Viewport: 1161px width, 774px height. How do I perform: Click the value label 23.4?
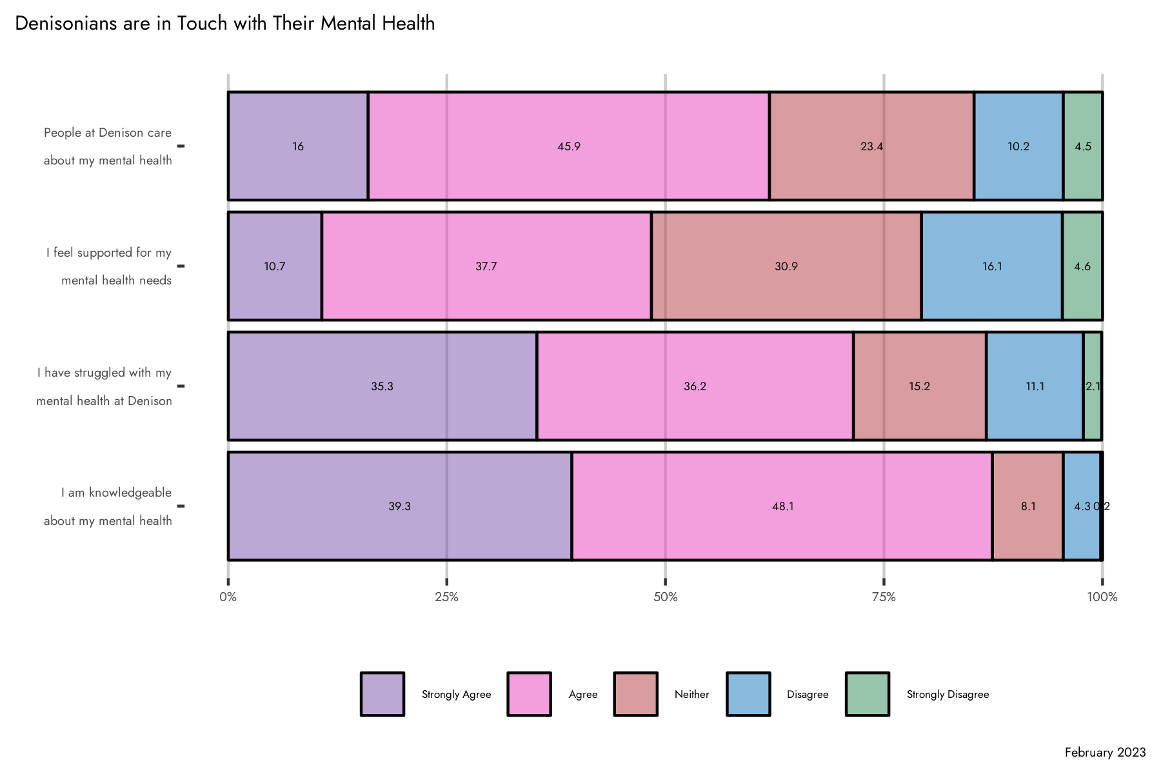coord(871,146)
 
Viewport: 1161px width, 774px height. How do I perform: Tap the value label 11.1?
coord(1035,386)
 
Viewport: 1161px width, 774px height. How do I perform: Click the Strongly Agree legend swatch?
coord(382,694)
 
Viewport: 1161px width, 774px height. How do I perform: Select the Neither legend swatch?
coord(636,694)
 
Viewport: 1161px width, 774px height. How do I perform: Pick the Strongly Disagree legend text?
coord(948,695)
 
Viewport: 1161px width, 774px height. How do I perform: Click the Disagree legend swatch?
coord(748,694)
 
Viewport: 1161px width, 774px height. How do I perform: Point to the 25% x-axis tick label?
coord(446,597)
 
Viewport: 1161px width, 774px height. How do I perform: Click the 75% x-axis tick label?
coord(884,597)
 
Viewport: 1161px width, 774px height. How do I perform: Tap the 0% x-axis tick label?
coord(228,597)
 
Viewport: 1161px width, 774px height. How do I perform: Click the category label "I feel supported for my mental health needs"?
coord(109,266)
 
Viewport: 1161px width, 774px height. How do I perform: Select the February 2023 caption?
coord(1105,753)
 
